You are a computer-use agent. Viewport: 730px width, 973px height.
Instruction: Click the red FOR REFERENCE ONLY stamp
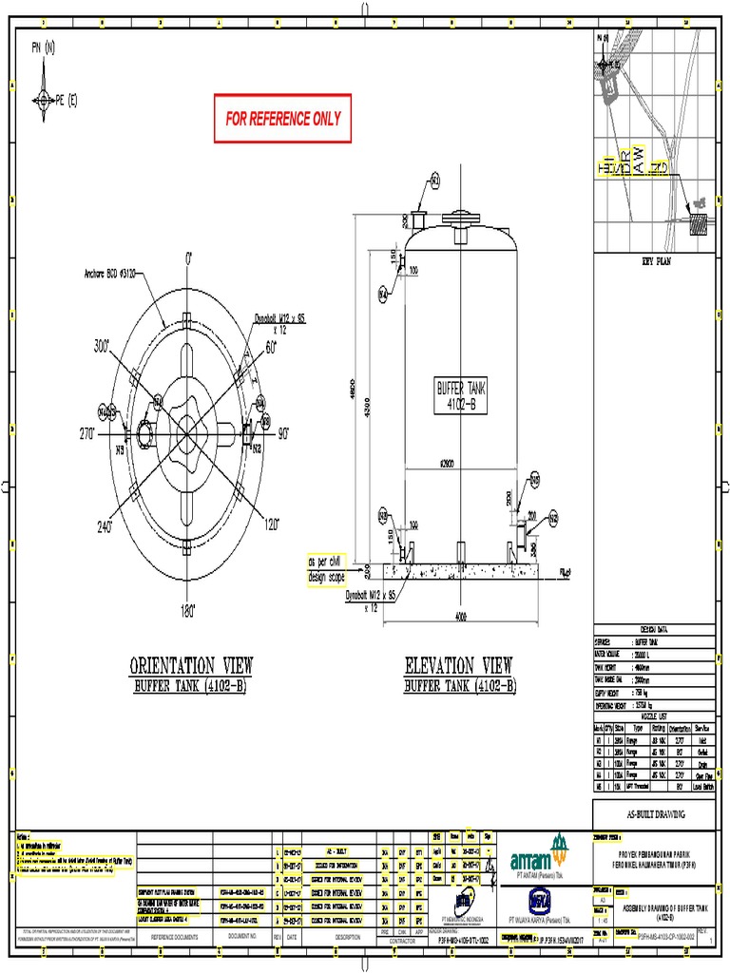282,119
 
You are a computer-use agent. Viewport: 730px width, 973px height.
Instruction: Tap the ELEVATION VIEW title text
459,664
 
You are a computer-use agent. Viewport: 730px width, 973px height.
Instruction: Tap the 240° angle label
103,525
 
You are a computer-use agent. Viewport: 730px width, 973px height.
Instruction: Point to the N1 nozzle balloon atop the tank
435,180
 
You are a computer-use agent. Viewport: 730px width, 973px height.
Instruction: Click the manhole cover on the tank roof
461,218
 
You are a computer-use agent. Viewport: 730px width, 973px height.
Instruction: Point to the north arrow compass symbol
45,96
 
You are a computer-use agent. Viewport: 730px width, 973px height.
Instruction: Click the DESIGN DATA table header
654,630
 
